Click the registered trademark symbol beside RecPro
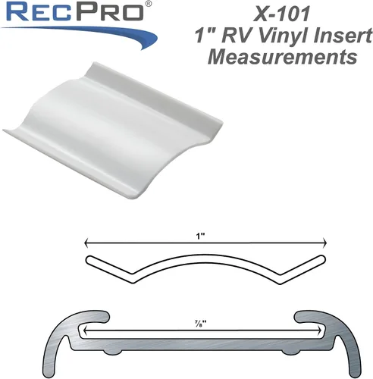[149, 4]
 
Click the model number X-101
[281, 14]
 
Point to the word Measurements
[282, 57]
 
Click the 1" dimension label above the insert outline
[201, 236]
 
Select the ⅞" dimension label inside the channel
[201, 323]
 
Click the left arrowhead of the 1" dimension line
[86, 243]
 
